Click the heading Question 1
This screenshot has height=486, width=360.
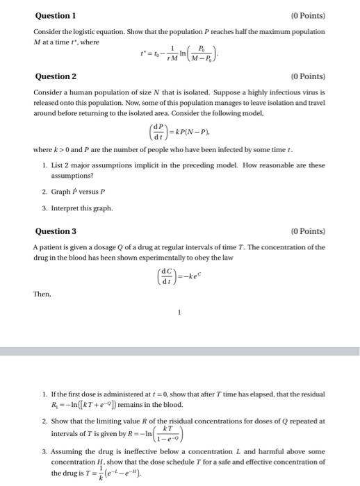click(55, 15)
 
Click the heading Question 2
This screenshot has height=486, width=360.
click(55, 76)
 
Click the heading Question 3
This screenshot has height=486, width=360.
click(55, 231)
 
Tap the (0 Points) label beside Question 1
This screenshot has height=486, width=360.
click(307, 15)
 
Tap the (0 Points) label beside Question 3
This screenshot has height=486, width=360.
click(307, 231)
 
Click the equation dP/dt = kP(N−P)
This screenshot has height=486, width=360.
click(180, 131)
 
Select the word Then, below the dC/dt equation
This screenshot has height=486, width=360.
click(42, 294)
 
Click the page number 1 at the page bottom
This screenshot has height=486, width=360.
click(179, 312)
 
